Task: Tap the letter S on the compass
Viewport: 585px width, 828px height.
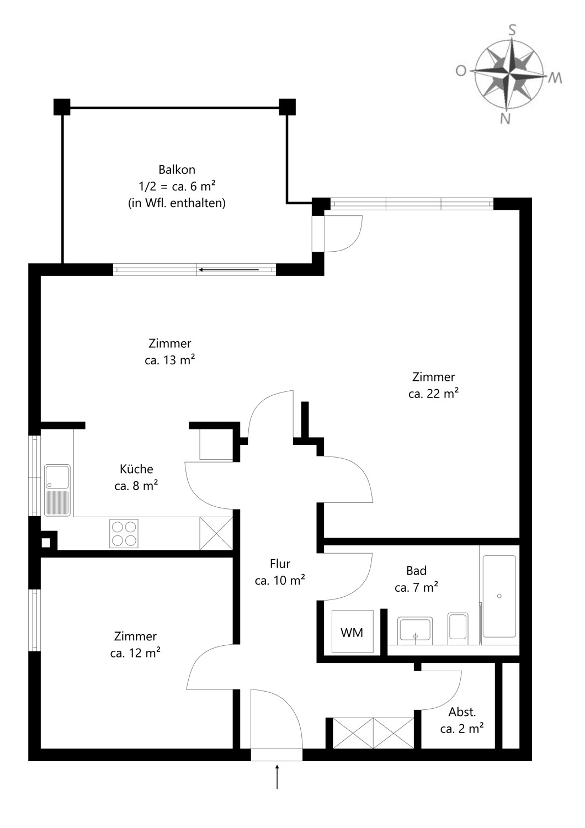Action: click(512, 30)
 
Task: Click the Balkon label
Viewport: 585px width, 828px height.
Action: click(177, 169)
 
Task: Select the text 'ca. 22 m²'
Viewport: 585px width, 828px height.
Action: click(433, 394)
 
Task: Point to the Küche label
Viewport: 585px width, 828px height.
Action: click(136, 469)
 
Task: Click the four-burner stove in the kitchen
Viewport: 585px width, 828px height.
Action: click(124, 533)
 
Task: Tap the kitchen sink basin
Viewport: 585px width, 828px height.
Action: click(57, 477)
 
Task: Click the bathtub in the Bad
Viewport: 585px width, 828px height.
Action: click(499, 596)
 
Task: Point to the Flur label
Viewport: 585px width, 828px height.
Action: click(280, 564)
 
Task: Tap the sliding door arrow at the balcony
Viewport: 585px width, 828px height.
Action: click(228, 270)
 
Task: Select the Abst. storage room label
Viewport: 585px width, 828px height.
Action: click(462, 712)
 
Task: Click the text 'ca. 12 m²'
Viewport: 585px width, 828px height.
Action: click(135, 653)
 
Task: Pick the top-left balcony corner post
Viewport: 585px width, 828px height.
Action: click(62, 107)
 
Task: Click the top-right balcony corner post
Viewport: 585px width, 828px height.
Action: click(287, 107)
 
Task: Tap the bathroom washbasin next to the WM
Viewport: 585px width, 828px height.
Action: click(415, 629)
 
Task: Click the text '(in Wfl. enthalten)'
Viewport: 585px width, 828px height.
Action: click(177, 203)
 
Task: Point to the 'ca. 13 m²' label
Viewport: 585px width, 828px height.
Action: click(170, 360)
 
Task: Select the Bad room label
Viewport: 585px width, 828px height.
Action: click(417, 571)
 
